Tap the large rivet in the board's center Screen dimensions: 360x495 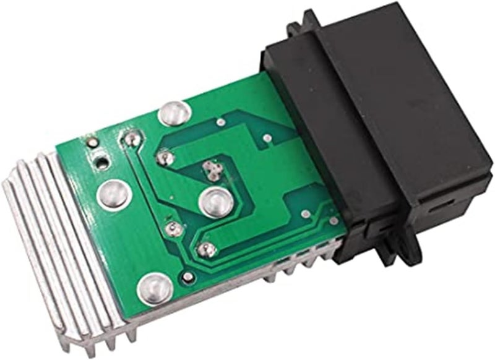tap(213, 201)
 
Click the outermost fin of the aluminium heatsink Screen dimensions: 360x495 tap(25, 247)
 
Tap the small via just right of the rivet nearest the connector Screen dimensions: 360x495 tap(266, 140)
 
